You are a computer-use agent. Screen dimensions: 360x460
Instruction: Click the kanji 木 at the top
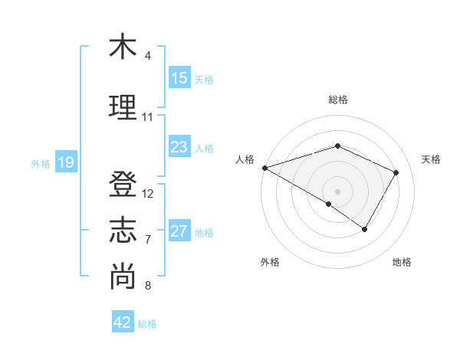(122, 47)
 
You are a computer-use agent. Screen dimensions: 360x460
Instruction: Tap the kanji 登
(123, 184)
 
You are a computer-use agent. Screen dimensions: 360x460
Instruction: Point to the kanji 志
(123, 230)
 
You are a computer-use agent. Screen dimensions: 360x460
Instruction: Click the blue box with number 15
(179, 78)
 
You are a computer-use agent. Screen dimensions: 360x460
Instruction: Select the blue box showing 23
(179, 147)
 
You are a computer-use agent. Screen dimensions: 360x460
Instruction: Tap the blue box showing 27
(179, 231)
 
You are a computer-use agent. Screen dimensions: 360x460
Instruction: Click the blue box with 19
(66, 162)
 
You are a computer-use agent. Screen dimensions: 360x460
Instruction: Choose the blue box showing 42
(123, 322)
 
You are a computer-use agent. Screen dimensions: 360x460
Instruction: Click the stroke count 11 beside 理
(147, 117)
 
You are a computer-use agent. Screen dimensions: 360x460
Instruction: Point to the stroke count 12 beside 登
(148, 194)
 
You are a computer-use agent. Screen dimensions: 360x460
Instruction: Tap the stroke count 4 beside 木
(147, 56)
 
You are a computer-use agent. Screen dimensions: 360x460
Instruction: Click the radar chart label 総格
(337, 100)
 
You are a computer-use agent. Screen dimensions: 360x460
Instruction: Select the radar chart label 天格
(431, 159)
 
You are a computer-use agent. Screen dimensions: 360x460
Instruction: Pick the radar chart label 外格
(270, 262)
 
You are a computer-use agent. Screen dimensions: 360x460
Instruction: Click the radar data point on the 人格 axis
(264, 167)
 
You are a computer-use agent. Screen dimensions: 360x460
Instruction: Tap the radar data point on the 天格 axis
(396, 172)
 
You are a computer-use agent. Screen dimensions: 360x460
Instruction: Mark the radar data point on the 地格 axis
(365, 229)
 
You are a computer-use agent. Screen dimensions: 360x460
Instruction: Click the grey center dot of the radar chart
(337, 191)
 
